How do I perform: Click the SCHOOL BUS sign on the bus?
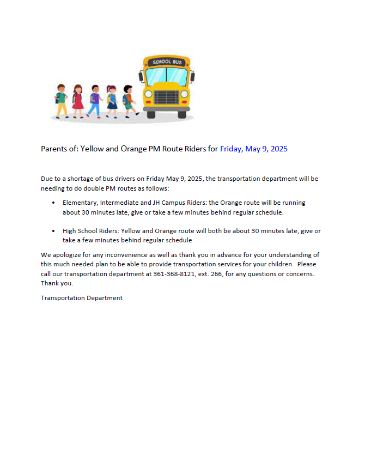click(167, 62)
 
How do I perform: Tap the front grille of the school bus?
click(167, 97)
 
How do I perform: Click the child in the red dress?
click(77, 101)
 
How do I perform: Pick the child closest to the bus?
click(129, 101)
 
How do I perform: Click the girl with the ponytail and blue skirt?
click(112, 101)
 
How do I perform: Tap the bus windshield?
click(167, 76)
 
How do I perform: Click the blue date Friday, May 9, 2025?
click(253, 149)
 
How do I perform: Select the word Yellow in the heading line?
click(92, 149)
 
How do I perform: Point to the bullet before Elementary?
click(53, 203)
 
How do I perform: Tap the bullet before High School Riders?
click(53, 231)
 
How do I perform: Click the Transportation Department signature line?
click(82, 298)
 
